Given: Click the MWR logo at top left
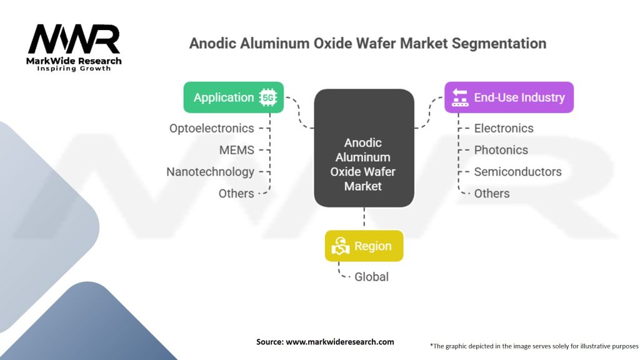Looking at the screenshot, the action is click(x=74, y=41).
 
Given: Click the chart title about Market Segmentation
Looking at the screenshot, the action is click(x=367, y=44).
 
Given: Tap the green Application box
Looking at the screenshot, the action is click(x=233, y=97).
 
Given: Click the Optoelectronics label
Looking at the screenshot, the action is click(x=211, y=128).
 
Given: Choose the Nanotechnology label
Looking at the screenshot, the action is click(x=210, y=172).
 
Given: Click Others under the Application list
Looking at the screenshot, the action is click(x=236, y=194).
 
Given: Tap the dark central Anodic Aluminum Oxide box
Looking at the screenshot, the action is click(x=363, y=148).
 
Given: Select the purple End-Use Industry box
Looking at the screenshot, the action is click(x=509, y=97).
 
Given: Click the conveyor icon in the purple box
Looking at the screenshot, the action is click(x=461, y=97).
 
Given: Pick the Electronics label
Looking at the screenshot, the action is click(x=504, y=128).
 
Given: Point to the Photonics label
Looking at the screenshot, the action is click(x=501, y=150).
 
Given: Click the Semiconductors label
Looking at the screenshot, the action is click(x=517, y=172).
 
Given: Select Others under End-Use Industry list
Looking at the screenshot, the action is click(x=492, y=194).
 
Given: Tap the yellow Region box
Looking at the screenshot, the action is click(x=364, y=246).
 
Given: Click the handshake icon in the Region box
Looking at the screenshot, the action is click(x=340, y=246).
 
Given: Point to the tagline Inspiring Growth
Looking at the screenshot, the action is click(x=74, y=68).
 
